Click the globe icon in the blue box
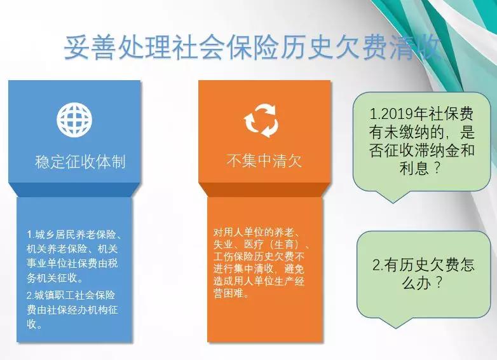tap(74, 120)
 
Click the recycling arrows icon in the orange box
tap(261, 120)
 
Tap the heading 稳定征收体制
tap(80, 162)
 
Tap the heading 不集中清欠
tap(264, 160)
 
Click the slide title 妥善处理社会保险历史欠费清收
tap(252, 48)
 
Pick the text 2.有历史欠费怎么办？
tap(423, 273)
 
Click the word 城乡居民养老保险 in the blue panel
tap(76, 235)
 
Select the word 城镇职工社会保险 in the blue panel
tap(75, 295)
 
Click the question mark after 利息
tap(437, 168)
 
